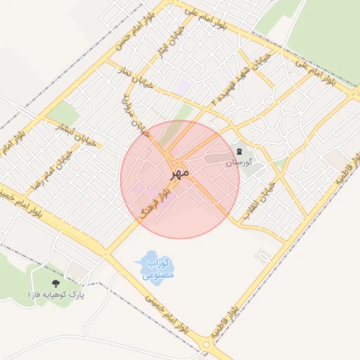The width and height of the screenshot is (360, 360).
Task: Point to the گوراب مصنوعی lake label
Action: pyautogui.click(x=156, y=269)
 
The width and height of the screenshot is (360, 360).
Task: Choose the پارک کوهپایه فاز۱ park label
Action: pyautogui.click(x=55, y=294)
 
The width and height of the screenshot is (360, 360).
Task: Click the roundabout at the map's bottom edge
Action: pyautogui.click(x=206, y=345)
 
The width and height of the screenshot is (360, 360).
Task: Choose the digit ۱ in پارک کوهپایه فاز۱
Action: pyautogui.click(x=30, y=294)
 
